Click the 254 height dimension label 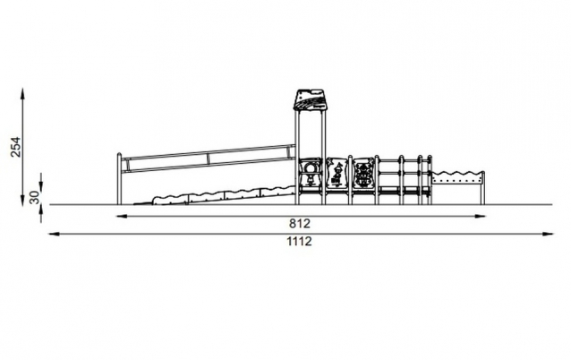pyautogui.click(x=15, y=147)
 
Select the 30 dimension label pyautogui.click(x=34, y=197)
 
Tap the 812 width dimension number pyautogui.click(x=300, y=223)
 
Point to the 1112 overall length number pyautogui.click(x=299, y=241)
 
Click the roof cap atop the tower pyautogui.click(x=310, y=99)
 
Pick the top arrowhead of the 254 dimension pyautogui.click(x=22, y=92)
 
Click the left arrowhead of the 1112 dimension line pyautogui.click(x=55, y=234)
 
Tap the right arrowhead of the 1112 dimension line pyautogui.click(x=548, y=234)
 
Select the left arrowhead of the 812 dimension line pyautogui.click(x=122, y=216)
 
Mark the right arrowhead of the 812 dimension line pyautogui.click(x=480, y=216)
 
